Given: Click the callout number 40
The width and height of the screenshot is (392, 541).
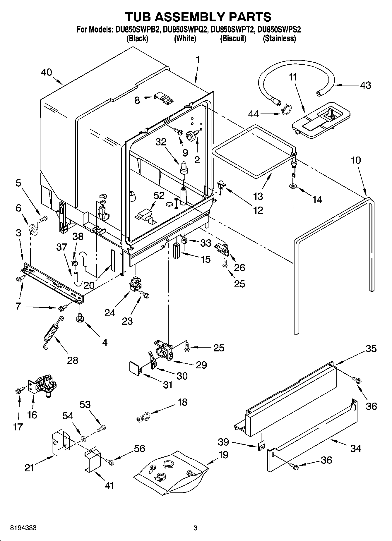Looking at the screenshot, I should coord(47,72).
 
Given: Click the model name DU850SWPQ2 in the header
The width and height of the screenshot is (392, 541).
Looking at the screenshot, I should coord(185,30).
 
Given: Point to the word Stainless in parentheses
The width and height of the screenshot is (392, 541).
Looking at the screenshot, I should coord(279,38).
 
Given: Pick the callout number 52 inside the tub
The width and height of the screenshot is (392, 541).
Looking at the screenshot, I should coord(159,195).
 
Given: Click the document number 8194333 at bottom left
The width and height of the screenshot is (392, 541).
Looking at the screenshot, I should coord(23,528).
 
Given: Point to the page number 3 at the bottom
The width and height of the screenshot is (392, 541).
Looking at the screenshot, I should coord(196,528).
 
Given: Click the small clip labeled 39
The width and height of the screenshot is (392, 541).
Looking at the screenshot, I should coord(261,445).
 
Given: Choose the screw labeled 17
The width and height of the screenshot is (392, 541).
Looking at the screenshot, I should coord(18,390).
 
